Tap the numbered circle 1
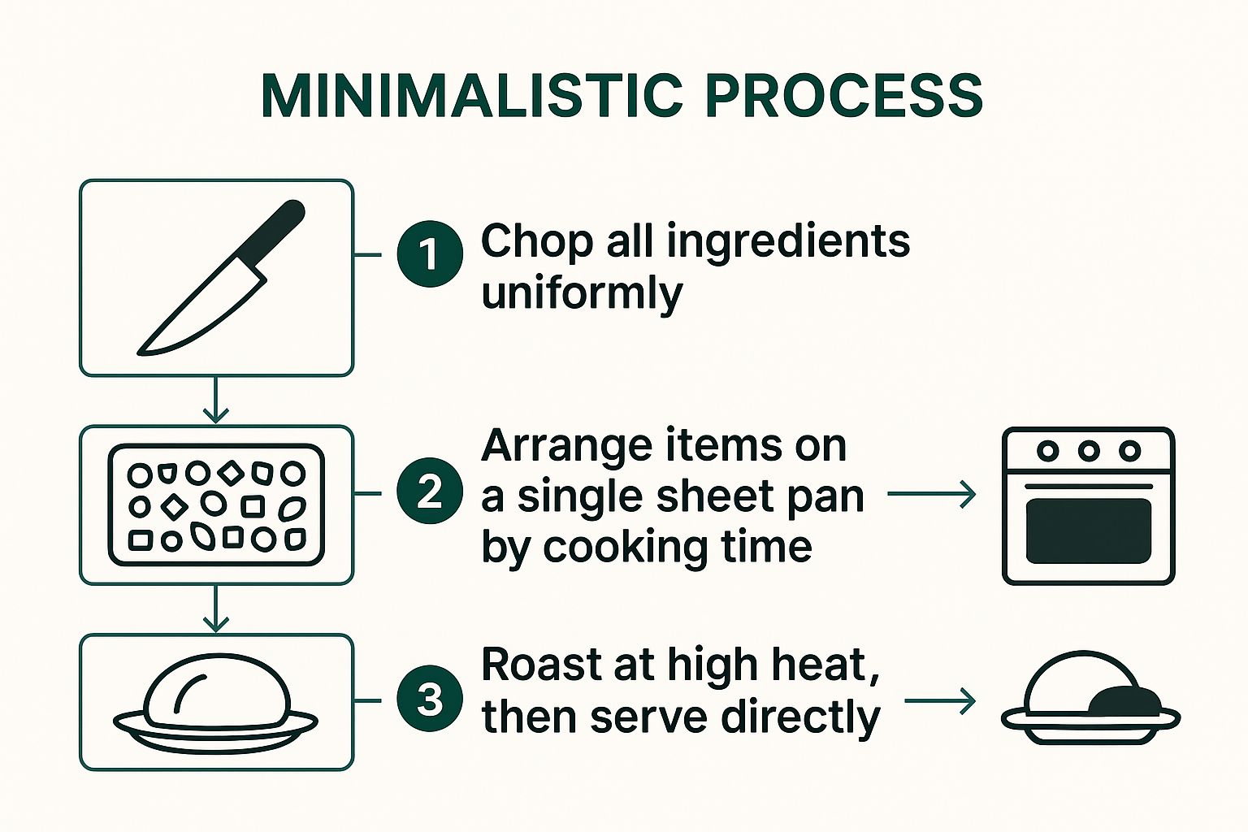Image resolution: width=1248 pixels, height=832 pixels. point(430,253)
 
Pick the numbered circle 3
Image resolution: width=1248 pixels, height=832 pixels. point(430,699)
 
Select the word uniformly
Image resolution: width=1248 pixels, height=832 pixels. point(582,293)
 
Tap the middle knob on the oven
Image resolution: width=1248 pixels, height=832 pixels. point(1089,451)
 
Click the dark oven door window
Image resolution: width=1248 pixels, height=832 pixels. point(1089,531)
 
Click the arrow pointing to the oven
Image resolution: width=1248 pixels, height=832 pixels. point(932,494)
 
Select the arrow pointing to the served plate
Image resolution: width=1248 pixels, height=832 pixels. point(940,700)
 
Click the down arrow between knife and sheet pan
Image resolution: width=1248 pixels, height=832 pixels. point(215,401)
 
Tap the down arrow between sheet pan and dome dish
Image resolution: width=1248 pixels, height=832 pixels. point(215,610)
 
